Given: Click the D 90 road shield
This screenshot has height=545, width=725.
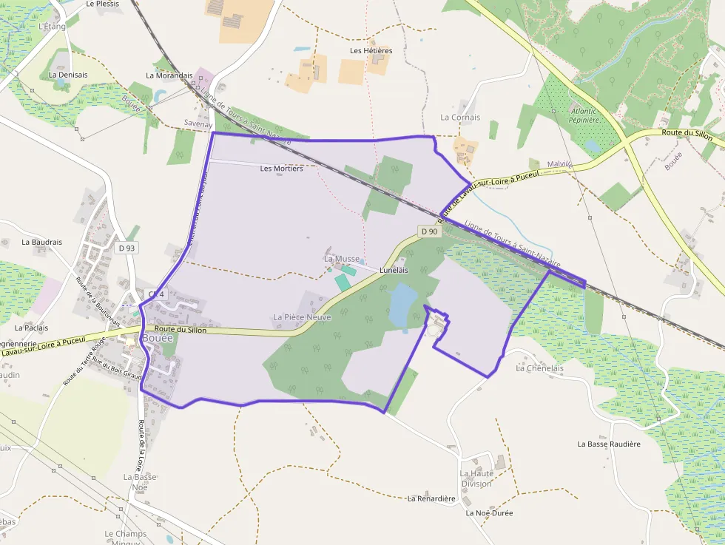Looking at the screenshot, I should [429, 231].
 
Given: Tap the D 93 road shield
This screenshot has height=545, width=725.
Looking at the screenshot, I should [127, 248].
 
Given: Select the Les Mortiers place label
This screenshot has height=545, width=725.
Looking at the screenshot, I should [282, 169].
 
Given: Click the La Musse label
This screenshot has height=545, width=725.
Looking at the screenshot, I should [341, 259].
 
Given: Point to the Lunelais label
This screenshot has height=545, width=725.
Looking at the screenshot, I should [394, 271].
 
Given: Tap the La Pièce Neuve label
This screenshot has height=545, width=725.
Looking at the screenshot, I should [302, 317].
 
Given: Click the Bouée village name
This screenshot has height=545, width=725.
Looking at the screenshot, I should [158, 338].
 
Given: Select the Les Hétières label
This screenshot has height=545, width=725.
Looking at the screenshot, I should [371, 51].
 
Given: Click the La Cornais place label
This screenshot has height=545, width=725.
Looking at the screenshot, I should [460, 118].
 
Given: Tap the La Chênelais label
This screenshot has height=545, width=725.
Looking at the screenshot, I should [539, 368].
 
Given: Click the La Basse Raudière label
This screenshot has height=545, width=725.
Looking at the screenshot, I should [609, 444].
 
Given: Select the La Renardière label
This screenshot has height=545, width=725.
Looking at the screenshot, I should [431, 498].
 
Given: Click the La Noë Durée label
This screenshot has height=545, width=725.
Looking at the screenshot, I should [489, 512].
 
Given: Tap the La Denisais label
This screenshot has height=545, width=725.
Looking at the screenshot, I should [68, 75].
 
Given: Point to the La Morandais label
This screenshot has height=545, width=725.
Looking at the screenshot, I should [169, 75].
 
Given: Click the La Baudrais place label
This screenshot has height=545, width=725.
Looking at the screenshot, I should [42, 242].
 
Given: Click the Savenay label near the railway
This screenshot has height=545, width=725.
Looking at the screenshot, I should [198, 124].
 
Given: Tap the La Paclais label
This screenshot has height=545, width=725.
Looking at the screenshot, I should [31, 328].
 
